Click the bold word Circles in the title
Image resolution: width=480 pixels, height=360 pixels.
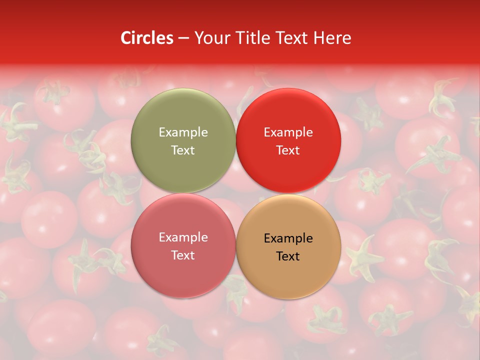point(147,38)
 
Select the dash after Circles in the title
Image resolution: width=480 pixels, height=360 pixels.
point(183,38)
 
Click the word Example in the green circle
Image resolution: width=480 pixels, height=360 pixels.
point(183,132)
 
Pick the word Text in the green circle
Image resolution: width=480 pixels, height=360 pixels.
point(183,150)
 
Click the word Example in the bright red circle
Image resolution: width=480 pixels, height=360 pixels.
point(288,132)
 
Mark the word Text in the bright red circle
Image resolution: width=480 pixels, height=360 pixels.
point(288,150)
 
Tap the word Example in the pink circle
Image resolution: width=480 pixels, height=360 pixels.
point(183,237)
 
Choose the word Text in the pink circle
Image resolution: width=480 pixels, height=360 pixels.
point(183,255)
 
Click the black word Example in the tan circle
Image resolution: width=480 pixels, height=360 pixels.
point(288,238)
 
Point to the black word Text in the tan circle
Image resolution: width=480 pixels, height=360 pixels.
point(288,256)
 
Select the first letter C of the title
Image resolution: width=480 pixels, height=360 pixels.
point(126,38)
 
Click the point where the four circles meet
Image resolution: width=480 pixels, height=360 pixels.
point(235,193)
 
